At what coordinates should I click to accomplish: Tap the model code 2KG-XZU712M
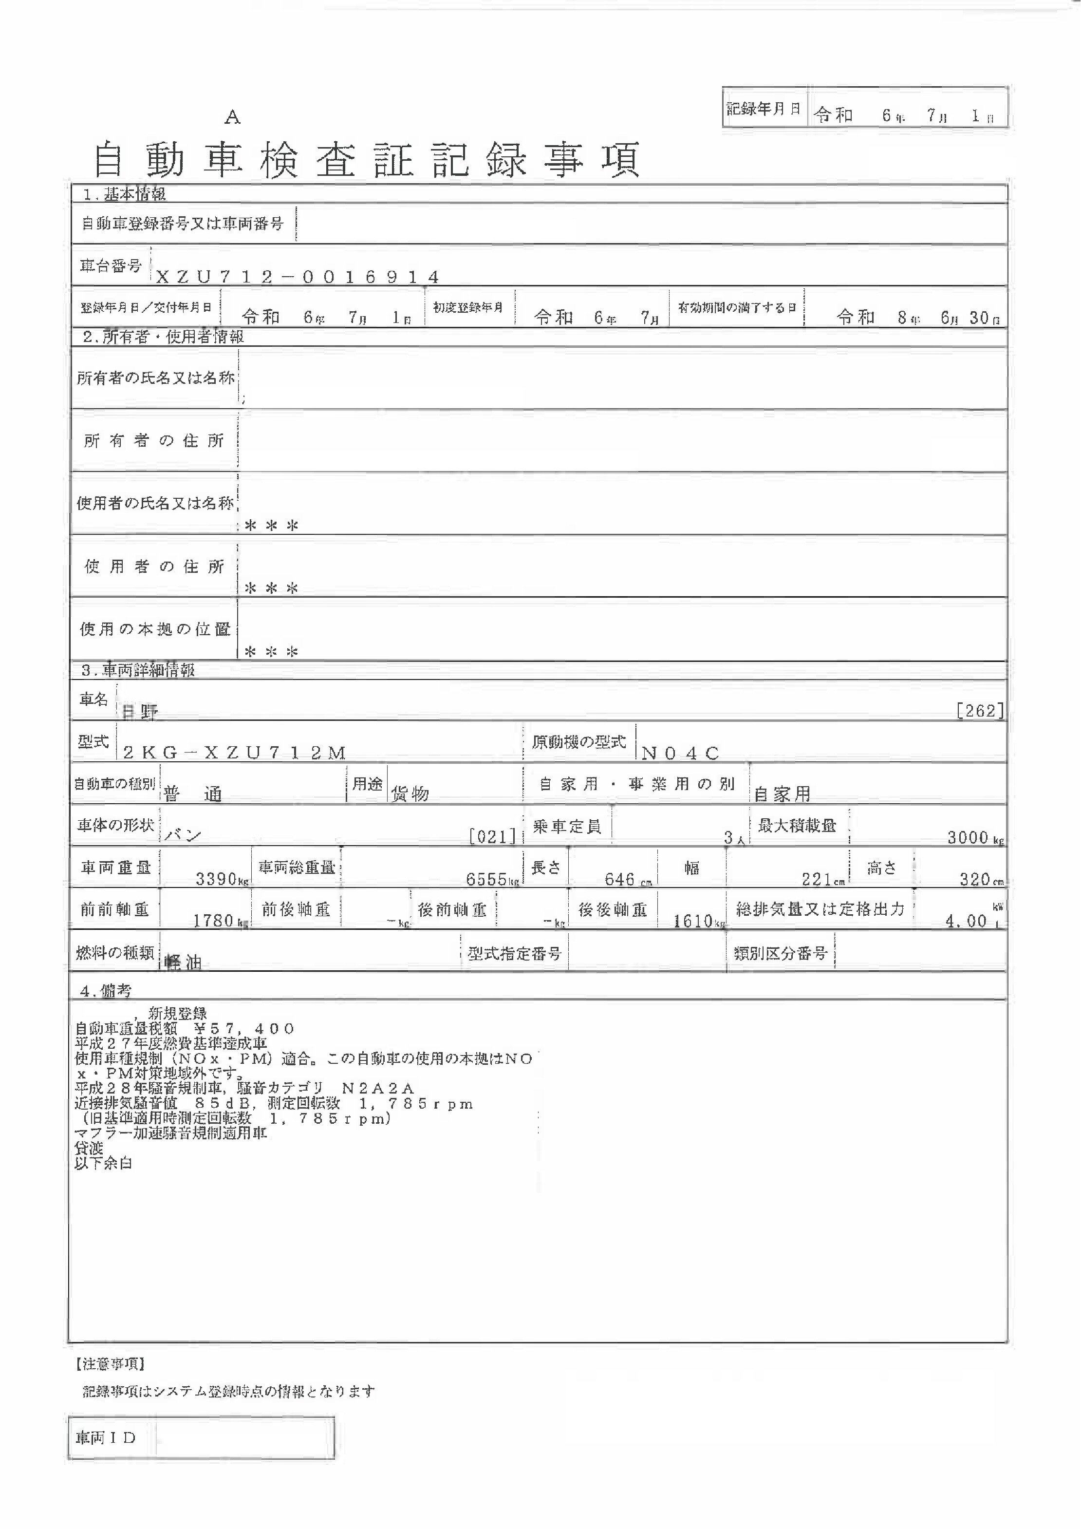point(234,753)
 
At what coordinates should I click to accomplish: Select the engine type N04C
point(680,753)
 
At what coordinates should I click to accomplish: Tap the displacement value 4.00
point(966,921)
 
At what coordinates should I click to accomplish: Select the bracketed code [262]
point(979,711)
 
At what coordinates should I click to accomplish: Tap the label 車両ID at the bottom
point(106,1438)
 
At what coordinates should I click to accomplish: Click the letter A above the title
point(232,117)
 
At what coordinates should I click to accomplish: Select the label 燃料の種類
point(114,953)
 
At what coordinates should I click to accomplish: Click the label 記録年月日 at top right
point(763,109)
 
